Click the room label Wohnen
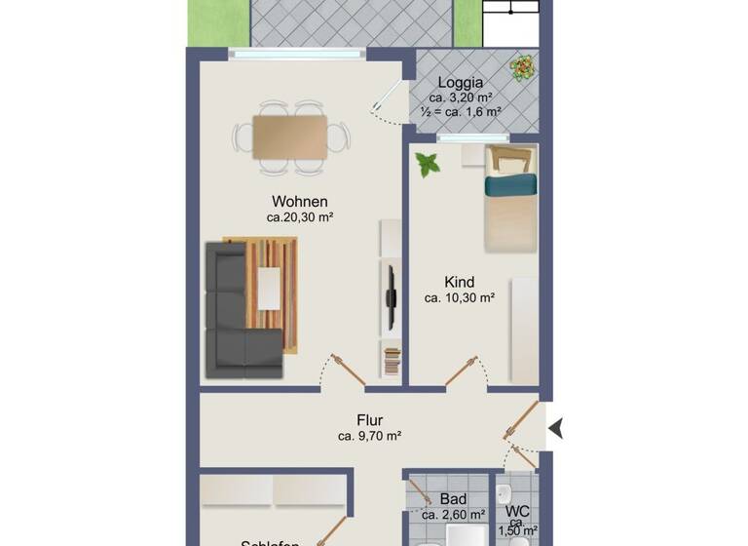point(300,202)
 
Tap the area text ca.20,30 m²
point(300,218)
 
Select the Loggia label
point(461,82)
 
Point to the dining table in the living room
point(290,136)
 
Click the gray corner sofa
point(234,317)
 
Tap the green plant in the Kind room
point(427,165)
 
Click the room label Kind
point(459,282)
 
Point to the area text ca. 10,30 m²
point(459,298)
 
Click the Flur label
point(369,420)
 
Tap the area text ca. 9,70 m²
point(369,437)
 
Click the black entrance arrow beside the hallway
point(556,427)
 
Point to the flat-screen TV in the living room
point(391,296)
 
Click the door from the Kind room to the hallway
point(467,372)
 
